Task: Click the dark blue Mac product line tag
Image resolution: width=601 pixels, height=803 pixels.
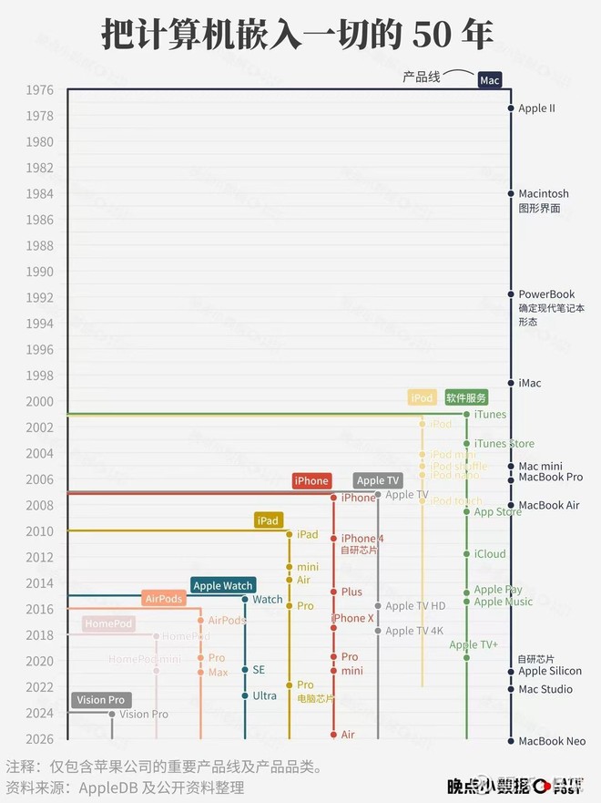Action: pos(490,80)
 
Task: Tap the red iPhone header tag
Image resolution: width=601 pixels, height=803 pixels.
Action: pos(311,481)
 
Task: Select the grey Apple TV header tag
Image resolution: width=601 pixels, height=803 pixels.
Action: pos(378,480)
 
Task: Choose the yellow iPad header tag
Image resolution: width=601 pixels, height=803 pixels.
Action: pos(268,520)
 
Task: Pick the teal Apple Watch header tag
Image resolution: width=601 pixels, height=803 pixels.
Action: pos(223,586)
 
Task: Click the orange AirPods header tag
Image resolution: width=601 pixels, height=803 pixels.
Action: pos(164,599)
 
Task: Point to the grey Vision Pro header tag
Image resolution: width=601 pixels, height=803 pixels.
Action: pos(101,700)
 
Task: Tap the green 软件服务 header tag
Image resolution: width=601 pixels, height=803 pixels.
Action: pos(466,398)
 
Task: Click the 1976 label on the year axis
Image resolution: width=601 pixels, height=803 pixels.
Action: pos(40,90)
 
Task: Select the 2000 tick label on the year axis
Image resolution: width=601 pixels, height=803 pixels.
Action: pos(40,402)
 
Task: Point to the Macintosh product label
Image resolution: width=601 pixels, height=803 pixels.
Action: pos(543,194)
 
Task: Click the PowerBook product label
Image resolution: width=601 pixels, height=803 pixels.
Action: pos(546,294)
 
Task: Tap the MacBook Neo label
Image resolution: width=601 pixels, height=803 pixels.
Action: pos(552,741)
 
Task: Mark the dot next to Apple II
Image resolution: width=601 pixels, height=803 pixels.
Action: pos(511,108)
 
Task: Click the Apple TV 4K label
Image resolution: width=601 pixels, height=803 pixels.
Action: pos(414,631)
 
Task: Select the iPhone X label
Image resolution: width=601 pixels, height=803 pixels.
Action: pos(353,619)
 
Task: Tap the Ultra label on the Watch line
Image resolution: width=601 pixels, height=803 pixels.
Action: pos(264,695)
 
